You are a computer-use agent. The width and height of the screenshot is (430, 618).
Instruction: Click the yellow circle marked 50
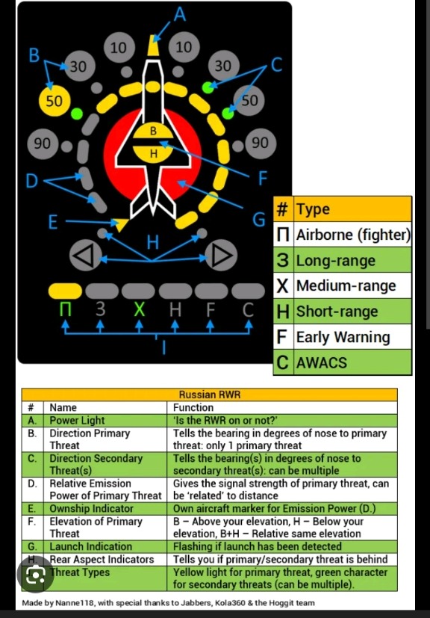point(54,100)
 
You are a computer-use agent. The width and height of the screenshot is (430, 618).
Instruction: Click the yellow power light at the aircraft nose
point(152,45)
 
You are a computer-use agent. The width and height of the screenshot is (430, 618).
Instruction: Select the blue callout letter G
point(259,220)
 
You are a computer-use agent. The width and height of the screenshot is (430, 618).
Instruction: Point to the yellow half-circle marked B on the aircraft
point(153,132)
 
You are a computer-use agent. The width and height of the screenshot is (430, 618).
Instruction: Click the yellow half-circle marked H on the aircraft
point(153,152)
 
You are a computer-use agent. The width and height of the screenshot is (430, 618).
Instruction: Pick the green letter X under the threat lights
point(139,310)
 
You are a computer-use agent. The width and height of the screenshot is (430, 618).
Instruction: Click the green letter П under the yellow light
point(66,310)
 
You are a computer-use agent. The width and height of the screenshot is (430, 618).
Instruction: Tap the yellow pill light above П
point(66,291)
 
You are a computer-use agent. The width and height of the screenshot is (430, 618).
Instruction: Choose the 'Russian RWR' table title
point(210,395)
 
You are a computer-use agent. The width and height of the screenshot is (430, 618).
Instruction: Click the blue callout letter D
point(32,182)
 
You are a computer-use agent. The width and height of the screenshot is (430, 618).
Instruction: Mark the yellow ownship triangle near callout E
point(122,224)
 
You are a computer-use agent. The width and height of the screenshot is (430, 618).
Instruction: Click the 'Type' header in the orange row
point(314,209)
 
